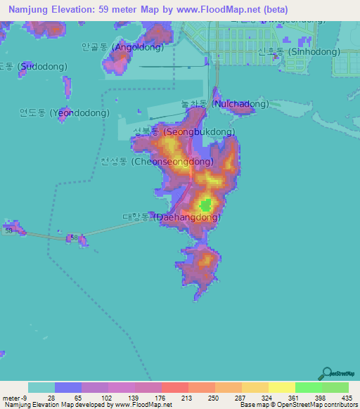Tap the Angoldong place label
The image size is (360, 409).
[x=122, y=48]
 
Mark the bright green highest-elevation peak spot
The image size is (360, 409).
[x=205, y=205]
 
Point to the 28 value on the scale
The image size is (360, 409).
[x=51, y=398]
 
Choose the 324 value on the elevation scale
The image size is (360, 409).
[x=268, y=398]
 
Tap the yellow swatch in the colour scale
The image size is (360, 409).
[x=281, y=387]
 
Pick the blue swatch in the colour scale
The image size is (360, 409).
[x=68, y=387]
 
